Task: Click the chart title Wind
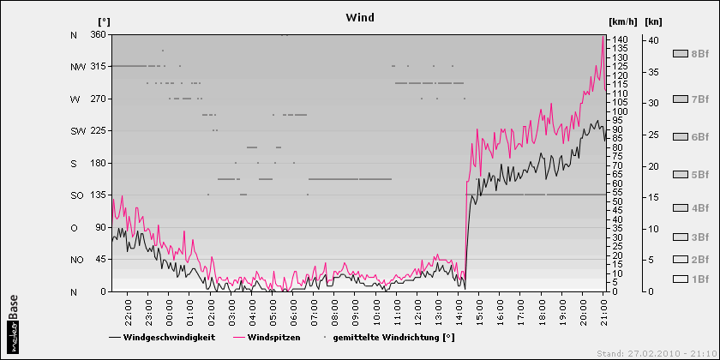(359, 17)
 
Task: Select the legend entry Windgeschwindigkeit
(169, 338)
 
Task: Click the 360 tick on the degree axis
(97, 34)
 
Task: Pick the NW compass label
(77, 67)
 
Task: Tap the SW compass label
(77, 131)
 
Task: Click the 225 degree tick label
(97, 131)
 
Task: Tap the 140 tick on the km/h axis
(620, 40)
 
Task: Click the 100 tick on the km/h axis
(620, 111)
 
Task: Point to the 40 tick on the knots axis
(652, 40)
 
